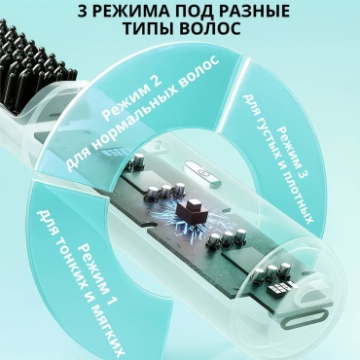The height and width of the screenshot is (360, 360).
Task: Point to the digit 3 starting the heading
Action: click(x=83, y=12)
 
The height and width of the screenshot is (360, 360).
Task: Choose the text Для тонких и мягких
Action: click(x=83, y=286)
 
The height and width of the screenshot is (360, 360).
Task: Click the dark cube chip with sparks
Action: click(x=192, y=212)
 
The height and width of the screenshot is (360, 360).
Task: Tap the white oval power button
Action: click(x=203, y=173)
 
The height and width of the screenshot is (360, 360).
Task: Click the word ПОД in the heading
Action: click(x=191, y=12)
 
